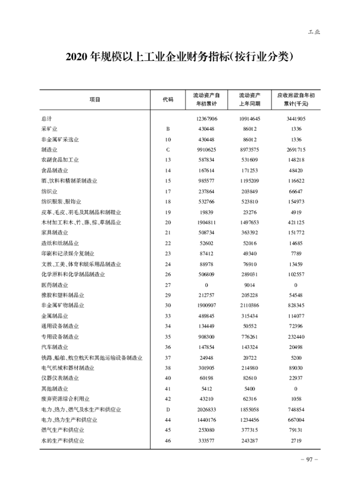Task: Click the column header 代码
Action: [x=168, y=100]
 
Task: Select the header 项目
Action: [x=95, y=100]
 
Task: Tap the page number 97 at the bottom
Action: [x=309, y=459]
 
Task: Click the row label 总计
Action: [x=46, y=119]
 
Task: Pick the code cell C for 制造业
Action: [x=168, y=150]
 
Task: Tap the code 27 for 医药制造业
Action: [x=168, y=285]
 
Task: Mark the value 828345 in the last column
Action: [x=296, y=306]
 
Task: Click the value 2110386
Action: [x=250, y=306]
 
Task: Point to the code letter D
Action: [x=168, y=409]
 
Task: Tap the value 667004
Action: [x=296, y=420]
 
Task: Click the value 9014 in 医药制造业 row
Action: [x=250, y=285]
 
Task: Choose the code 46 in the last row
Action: [x=168, y=440]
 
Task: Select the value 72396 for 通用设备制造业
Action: [x=296, y=327]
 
